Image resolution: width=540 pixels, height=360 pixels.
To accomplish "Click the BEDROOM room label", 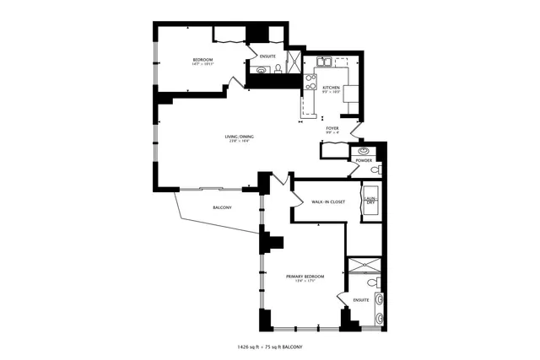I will (202, 59).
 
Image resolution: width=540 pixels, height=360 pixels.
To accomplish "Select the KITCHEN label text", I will (330, 87).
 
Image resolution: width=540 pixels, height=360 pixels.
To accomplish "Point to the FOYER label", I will (332, 128).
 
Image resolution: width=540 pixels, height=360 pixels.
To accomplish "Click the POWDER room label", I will (364, 160).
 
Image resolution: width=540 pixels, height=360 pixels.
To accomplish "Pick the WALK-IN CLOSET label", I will (327, 202).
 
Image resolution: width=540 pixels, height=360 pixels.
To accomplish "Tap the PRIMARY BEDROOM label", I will (305, 276).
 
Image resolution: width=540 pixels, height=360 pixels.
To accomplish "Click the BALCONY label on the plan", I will (222, 207).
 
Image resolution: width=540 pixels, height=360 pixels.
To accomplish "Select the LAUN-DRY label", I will (370, 201).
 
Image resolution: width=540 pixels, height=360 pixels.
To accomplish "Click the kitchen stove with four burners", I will (310, 83).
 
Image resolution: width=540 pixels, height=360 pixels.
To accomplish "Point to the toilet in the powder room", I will (375, 169).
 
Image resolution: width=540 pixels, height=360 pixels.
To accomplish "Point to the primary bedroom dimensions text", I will (305, 281).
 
